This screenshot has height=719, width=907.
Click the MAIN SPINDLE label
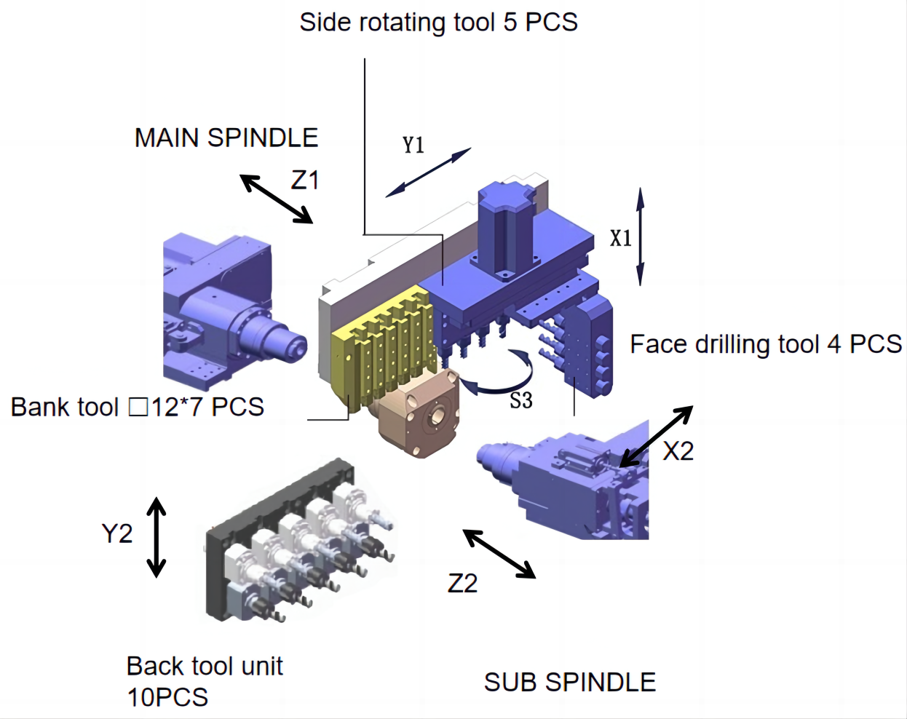226,138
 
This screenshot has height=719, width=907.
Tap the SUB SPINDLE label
569,682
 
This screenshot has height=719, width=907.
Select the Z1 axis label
305,180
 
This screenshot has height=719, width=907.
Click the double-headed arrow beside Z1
277,199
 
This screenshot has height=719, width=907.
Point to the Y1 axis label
413,145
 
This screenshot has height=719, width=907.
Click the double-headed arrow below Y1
428,172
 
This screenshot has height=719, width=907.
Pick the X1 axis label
620,238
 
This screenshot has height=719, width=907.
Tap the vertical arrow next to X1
641,237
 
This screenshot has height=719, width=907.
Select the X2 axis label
678,451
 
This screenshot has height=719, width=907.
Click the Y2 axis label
116,533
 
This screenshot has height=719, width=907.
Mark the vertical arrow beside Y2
157,537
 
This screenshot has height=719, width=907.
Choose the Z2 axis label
462,583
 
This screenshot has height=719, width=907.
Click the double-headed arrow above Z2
499,554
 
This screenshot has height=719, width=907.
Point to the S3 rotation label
520,400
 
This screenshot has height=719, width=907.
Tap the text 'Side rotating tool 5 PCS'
438,22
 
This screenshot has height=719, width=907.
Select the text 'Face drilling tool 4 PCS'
765,343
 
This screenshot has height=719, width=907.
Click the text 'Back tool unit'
205,666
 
